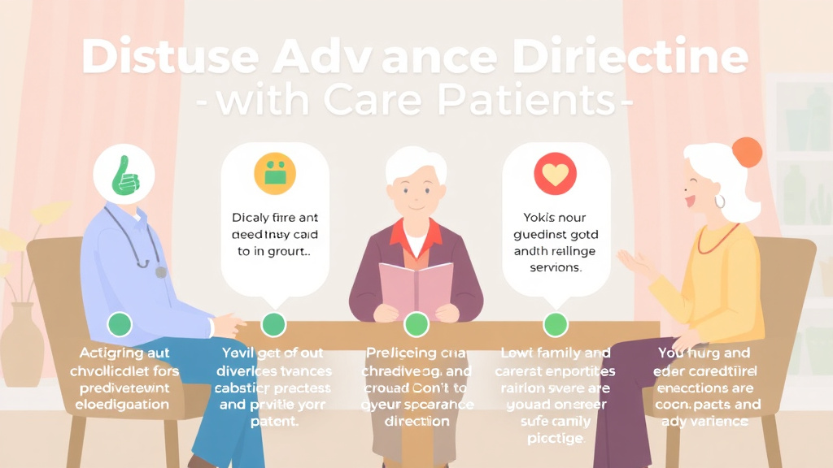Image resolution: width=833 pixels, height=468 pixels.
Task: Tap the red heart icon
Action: click(x=555, y=174)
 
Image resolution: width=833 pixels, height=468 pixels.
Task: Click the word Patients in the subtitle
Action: click(x=521, y=102)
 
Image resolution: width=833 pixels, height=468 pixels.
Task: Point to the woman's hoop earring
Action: click(x=720, y=201)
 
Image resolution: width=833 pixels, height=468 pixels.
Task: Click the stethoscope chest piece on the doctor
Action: click(x=160, y=272)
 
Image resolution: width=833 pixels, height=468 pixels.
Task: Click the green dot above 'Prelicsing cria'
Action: click(x=416, y=324)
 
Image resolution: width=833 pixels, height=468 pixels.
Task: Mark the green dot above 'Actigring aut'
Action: click(x=120, y=324)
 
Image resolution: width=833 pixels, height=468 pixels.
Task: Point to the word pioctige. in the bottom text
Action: click(x=555, y=439)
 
